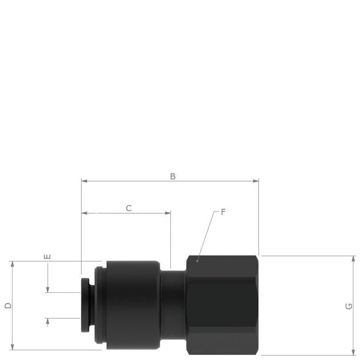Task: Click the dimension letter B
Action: pyautogui.click(x=173, y=176)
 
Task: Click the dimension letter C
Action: pyautogui.click(x=129, y=208)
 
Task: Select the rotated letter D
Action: pyautogui.click(x=8, y=305)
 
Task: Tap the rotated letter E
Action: pyautogui.click(x=47, y=256)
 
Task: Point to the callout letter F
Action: pyautogui.click(x=223, y=212)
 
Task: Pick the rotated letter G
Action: pyautogui.click(x=349, y=306)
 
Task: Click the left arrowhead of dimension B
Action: pyautogui.click(x=84, y=181)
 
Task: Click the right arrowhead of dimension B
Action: pyautogui.click(x=256, y=181)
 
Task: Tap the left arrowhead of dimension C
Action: pyautogui.click(x=84, y=213)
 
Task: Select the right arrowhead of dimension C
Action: pyautogui.click(x=168, y=213)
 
